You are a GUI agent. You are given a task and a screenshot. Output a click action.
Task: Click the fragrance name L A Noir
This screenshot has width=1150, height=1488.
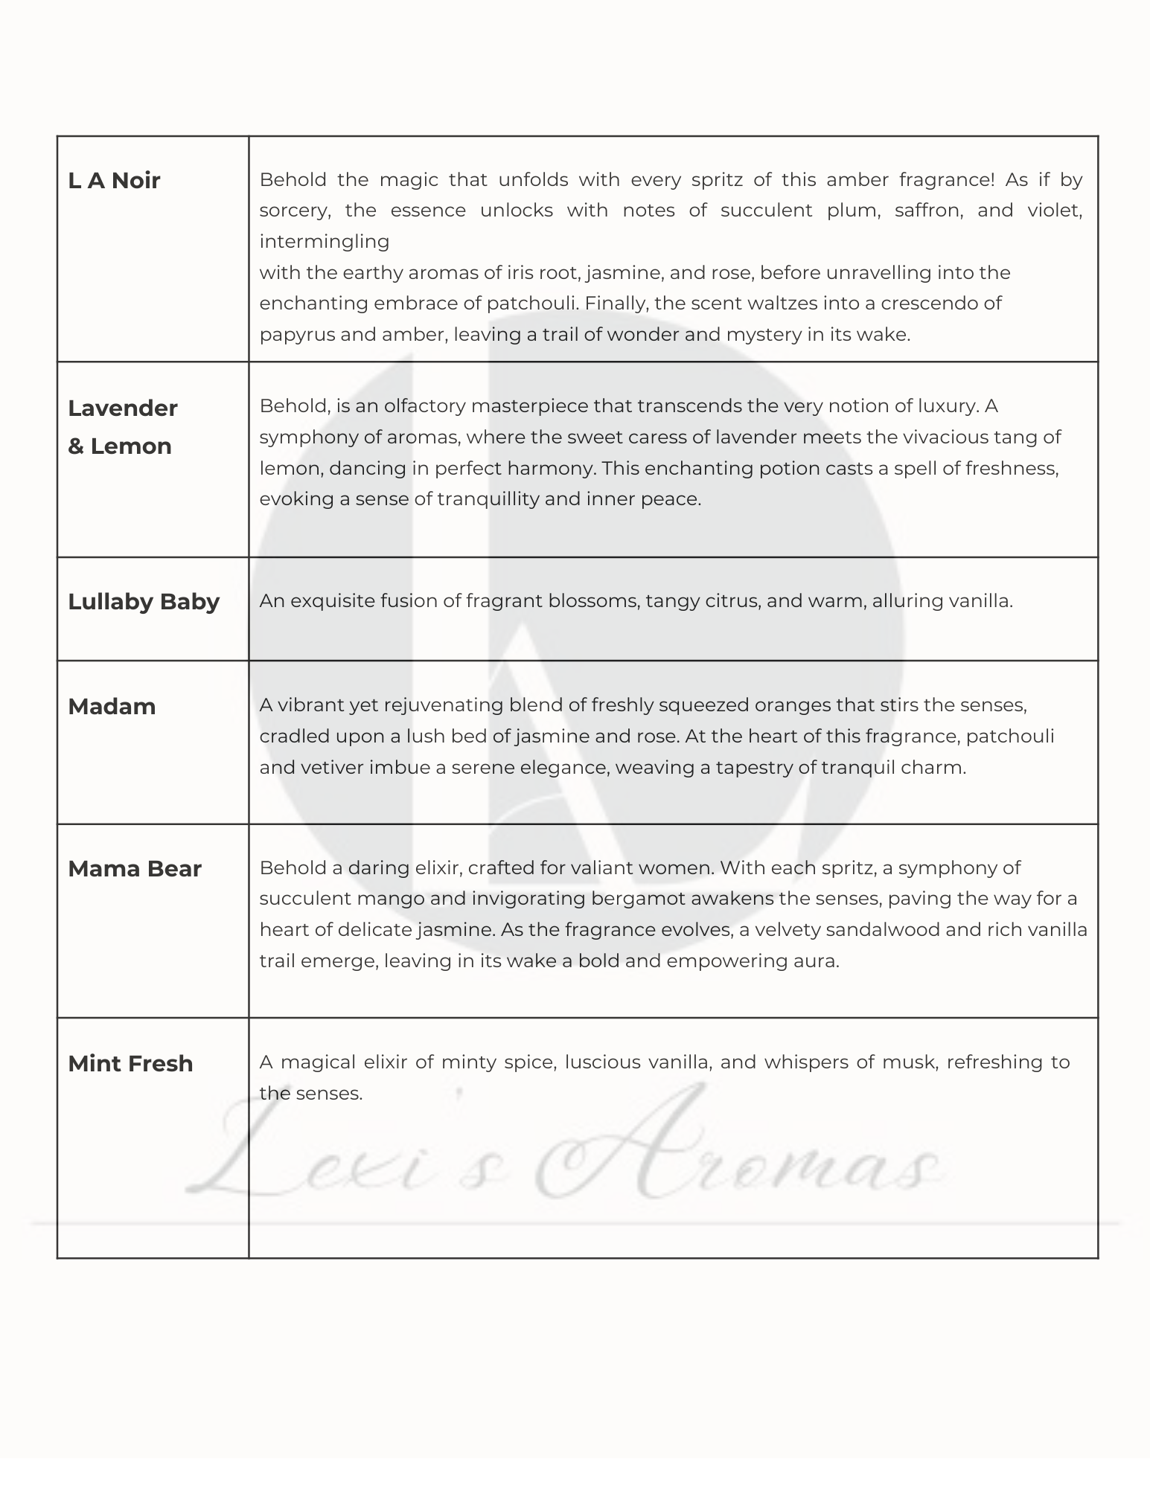(x=114, y=181)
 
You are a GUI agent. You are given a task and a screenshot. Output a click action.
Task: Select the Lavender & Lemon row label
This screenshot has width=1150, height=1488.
(x=122, y=426)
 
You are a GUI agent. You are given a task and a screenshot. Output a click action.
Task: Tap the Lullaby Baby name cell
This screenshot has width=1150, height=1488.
(x=144, y=602)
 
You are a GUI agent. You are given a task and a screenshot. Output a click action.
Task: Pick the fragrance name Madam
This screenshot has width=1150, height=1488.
(x=112, y=706)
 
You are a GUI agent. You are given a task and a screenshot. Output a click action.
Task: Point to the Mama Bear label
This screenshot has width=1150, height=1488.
(x=135, y=869)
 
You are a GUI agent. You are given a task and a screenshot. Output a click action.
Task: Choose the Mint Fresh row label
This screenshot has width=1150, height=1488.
(x=130, y=1064)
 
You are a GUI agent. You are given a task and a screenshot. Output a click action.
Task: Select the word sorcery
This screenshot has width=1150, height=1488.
(x=294, y=211)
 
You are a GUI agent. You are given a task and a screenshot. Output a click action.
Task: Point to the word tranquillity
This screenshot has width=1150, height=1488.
(x=488, y=499)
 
